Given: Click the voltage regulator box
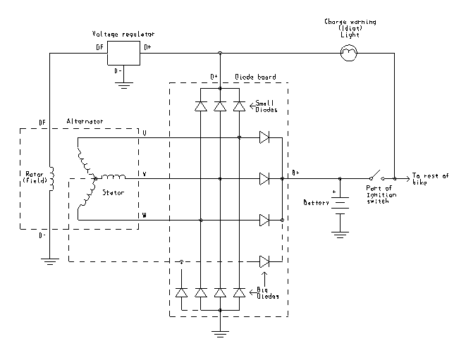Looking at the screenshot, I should click(x=123, y=53).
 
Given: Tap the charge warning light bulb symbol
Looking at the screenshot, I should click(x=348, y=53).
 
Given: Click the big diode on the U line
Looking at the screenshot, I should click(x=265, y=137).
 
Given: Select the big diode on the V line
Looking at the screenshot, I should click(x=265, y=179).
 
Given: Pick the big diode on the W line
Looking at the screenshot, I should click(x=265, y=221).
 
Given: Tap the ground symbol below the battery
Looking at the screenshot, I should click(x=340, y=230).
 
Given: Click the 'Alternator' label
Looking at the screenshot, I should click(x=85, y=122).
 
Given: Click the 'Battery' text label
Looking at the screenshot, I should click(x=316, y=202).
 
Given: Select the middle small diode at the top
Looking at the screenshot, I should click(x=220, y=106).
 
